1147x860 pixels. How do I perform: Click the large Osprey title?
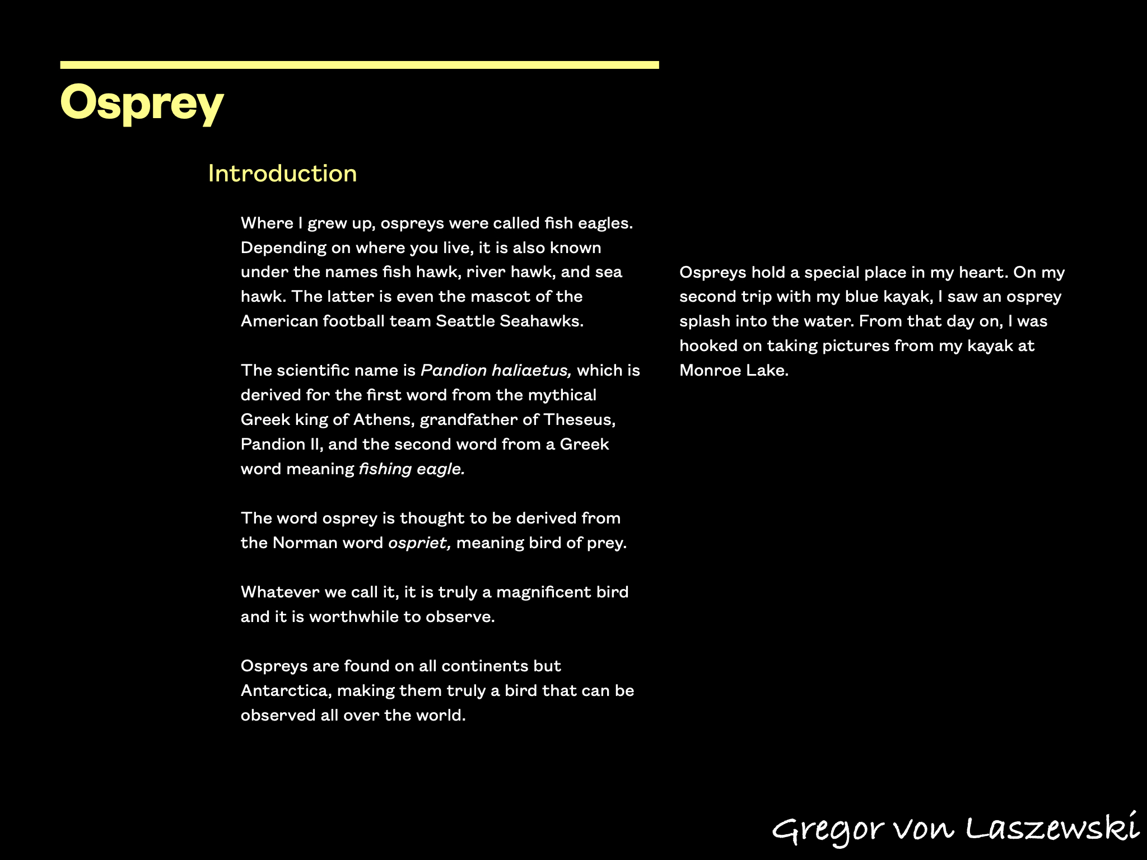pyautogui.click(x=142, y=103)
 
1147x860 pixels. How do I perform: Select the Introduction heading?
pyautogui.click(x=282, y=174)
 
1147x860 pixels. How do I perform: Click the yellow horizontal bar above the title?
pyautogui.click(x=359, y=66)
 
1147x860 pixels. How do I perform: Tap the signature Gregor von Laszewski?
pyautogui.click(x=955, y=829)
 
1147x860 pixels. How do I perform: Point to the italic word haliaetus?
pyautogui.click(x=531, y=371)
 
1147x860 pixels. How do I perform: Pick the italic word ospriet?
pyautogui.click(x=419, y=543)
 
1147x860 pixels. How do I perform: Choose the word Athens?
pyautogui.click(x=384, y=420)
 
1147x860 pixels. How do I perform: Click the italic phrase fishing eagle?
pyautogui.click(x=412, y=469)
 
